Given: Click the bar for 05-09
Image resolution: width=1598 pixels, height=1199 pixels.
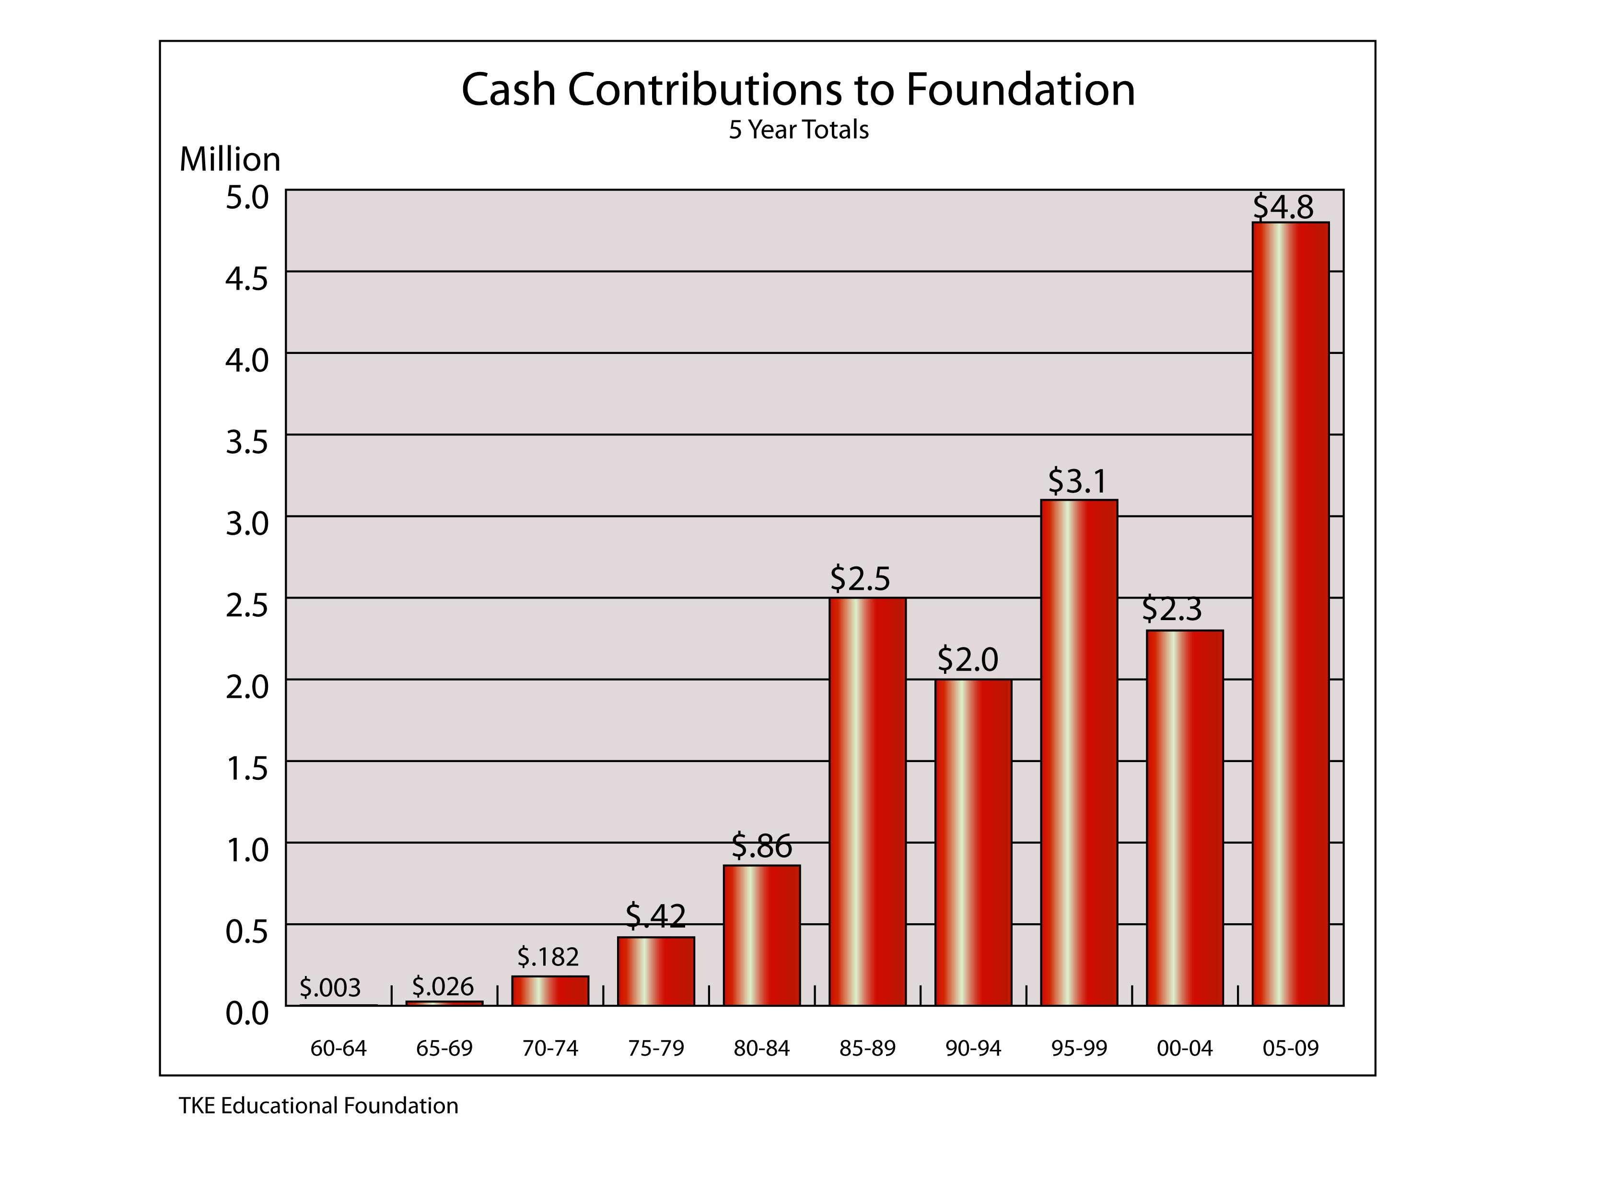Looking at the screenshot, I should pyautogui.click(x=1290, y=614).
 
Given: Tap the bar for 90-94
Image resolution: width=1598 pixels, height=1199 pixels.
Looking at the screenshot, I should pyautogui.click(x=973, y=843).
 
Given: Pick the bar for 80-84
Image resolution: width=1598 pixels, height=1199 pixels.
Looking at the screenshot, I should pyautogui.click(x=761, y=935).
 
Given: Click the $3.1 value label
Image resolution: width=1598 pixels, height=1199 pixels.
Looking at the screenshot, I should pyautogui.click(x=1077, y=482).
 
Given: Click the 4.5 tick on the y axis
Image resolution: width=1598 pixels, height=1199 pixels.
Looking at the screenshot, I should pyautogui.click(x=246, y=279).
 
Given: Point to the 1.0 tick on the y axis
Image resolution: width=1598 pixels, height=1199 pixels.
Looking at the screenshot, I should pyautogui.click(x=246, y=850).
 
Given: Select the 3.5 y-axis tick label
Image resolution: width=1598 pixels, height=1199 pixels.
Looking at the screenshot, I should pyautogui.click(x=246, y=442).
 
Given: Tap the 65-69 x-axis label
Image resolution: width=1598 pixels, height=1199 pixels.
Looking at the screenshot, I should pyautogui.click(x=444, y=1048).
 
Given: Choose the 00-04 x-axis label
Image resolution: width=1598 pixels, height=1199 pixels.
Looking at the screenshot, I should pyautogui.click(x=1185, y=1048).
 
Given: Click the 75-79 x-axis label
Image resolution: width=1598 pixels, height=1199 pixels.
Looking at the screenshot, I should pyautogui.click(x=656, y=1048).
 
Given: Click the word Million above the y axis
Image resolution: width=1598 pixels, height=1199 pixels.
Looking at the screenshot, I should pyautogui.click(x=230, y=159).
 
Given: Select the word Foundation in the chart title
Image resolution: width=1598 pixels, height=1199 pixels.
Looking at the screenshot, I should pyautogui.click(x=1020, y=90).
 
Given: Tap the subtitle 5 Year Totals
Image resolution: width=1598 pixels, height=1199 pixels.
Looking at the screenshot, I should pyautogui.click(x=798, y=130).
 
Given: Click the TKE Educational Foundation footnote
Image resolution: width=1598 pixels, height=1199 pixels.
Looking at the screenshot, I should pyautogui.click(x=318, y=1106).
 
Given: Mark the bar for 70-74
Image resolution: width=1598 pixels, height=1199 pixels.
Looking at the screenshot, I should pyautogui.click(x=550, y=991).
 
